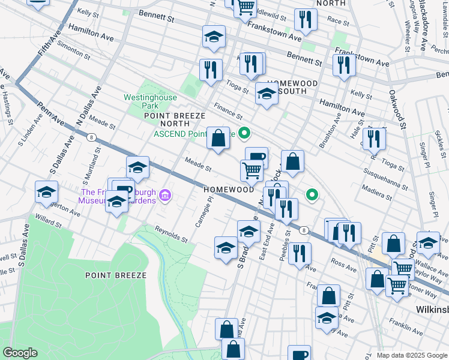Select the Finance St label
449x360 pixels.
pos(228,112)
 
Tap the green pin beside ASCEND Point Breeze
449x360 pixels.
pos(244,133)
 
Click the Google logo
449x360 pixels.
pos(20,353)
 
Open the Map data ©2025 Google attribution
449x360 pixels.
pos(411,355)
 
